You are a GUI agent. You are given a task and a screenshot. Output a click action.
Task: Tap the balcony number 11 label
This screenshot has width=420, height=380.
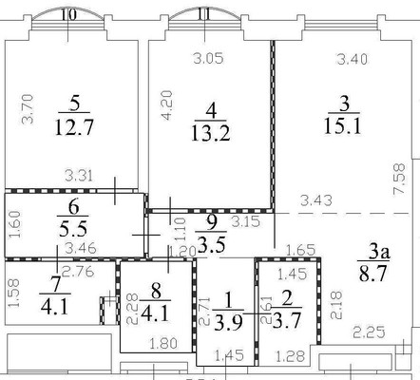[x=204, y=14]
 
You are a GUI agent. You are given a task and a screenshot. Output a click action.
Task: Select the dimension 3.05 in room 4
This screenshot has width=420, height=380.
[x=208, y=59]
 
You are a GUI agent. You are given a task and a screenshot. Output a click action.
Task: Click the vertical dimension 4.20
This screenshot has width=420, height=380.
[x=165, y=103]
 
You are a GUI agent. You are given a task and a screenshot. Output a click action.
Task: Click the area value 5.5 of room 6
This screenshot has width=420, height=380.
[x=73, y=228]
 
